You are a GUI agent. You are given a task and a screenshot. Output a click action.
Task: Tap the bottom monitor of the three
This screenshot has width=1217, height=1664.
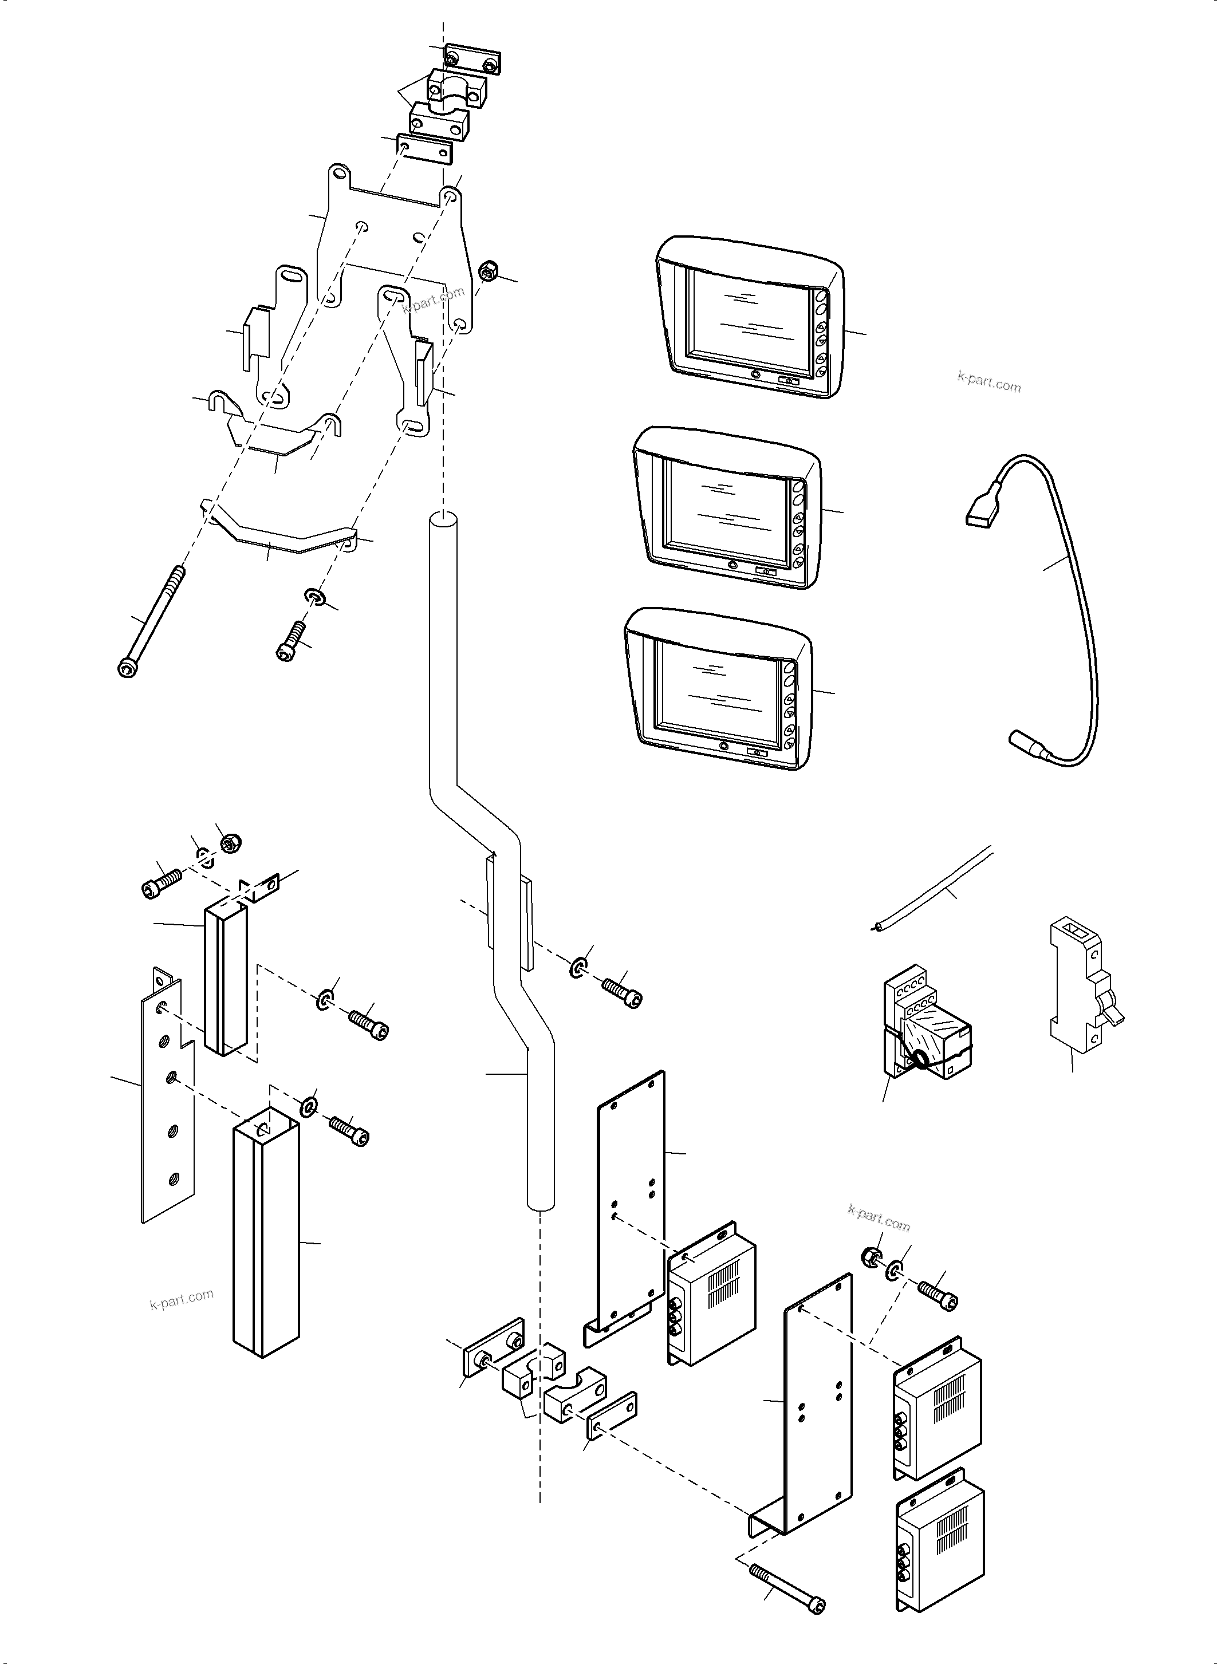(x=718, y=689)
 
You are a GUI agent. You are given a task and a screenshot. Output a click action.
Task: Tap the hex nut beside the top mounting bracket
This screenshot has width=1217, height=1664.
(x=487, y=272)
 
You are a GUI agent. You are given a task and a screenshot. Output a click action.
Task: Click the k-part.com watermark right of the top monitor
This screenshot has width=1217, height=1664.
(x=988, y=383)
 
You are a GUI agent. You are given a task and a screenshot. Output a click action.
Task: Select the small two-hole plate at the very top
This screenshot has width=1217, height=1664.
(x=472, y=60)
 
